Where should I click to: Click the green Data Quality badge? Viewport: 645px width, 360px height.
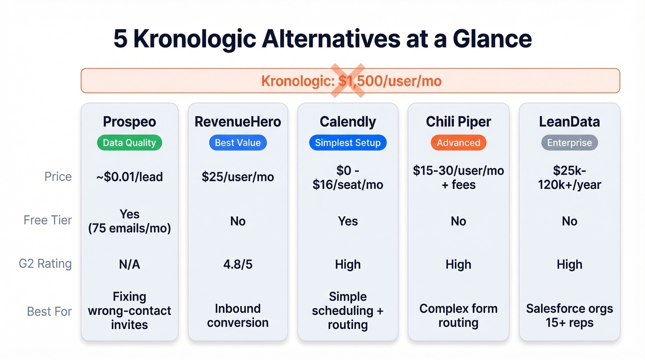point(129,143)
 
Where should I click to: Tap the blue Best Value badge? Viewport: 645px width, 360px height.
point(238,143)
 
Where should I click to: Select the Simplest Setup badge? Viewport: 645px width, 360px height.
point(348,143)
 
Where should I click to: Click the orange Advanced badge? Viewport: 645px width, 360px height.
point(458,143)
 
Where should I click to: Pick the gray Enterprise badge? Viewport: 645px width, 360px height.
point(569,143)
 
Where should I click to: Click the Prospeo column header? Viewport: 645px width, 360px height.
point(129,122)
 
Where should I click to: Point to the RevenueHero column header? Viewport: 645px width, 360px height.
point(238,122)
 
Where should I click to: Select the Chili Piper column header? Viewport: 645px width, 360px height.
point(458,122)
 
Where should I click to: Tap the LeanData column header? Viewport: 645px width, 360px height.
point(569,122)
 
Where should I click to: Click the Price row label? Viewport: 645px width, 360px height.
point(58,177)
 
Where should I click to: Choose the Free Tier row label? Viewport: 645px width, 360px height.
point(48,220)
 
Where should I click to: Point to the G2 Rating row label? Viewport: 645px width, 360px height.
point(45,264)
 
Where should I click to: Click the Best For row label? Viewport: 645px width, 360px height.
point(49,312)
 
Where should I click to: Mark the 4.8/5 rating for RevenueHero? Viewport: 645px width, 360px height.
point(238,265)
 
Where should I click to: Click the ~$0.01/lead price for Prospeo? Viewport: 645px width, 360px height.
point(129,177)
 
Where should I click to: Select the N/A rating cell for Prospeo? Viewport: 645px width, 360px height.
point(129,265)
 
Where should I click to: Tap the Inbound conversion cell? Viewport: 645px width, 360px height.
point(238,315)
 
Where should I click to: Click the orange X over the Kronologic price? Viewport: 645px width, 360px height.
point(348,81)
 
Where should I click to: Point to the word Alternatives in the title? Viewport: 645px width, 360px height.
point(331,40)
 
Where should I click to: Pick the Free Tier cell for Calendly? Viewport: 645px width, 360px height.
point(348,221)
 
